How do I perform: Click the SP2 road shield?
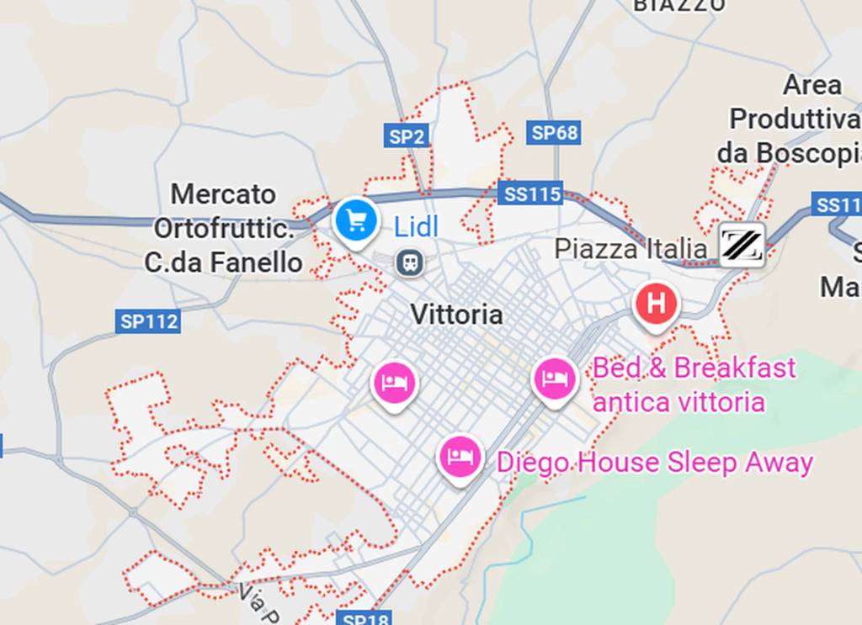[407, 135]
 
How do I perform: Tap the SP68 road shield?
[555, 133]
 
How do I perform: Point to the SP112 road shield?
[148, 320]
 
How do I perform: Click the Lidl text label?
[416, 225]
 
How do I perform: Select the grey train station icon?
[411, 263]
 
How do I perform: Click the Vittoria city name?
[456, 315]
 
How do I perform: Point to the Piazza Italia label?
[631, 249]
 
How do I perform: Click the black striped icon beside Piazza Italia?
[742, 246]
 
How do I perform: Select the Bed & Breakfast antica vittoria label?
[694, 384]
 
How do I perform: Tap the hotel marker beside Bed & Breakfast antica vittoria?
[556, 379]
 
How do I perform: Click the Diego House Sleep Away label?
[654, 463]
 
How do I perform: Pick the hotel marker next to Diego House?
[460, 457]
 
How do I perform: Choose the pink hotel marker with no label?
[395, 384]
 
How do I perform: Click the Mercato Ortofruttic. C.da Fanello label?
[224, 229]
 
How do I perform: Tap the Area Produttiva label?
[795, 119]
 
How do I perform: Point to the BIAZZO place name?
[678, 5]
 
